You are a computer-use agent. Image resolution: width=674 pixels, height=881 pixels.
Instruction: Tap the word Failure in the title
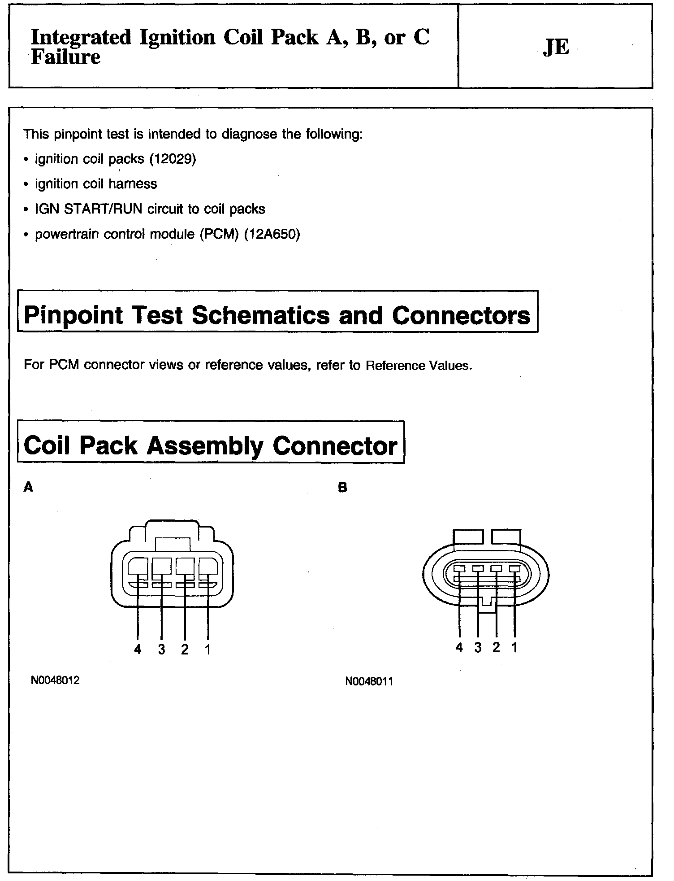(x=65, y=57)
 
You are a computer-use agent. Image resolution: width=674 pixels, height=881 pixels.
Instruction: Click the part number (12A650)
(x=272, y=234)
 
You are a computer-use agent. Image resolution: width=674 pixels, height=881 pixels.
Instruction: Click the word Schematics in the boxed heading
(x=261, y=315)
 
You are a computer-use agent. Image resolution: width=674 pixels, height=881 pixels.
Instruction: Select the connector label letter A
(x=28, y=487)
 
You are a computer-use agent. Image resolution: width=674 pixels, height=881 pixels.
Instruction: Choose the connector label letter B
(x=343, y=488)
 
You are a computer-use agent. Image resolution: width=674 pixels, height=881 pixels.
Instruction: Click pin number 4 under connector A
(x=138, y=649)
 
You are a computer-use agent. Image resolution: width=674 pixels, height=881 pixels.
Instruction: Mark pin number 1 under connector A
(x=207, y=649)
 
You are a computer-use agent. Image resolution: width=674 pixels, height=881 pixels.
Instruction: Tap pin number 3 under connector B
(x=478, y=647)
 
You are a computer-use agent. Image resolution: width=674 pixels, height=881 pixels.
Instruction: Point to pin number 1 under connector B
(x=514, y=647)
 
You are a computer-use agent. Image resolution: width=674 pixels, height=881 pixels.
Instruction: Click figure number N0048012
(x=55, y=680)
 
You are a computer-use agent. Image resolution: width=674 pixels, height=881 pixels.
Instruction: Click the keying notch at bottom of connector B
(x=487, y=603)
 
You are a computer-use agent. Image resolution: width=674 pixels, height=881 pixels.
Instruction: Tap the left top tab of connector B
(x=468, y=536)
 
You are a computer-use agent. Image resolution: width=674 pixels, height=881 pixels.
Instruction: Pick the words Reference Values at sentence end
(x=418, y=366)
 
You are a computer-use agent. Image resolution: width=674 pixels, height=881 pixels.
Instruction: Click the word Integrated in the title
(x=81, y=38)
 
